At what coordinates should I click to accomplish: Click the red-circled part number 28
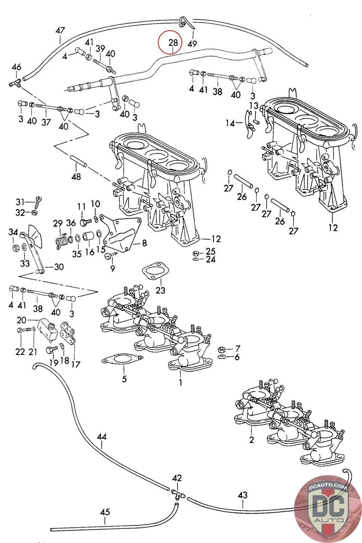(173, 43)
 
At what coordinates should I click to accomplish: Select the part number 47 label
(60, 31)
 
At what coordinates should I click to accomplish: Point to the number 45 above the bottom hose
(105, 512)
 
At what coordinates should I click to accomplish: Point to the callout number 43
(243, 495)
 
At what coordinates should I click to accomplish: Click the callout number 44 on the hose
(102, 436)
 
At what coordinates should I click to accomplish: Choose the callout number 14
(230, 123)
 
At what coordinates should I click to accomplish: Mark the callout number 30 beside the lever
(59, 267)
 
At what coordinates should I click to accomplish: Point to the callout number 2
(251, 440)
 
